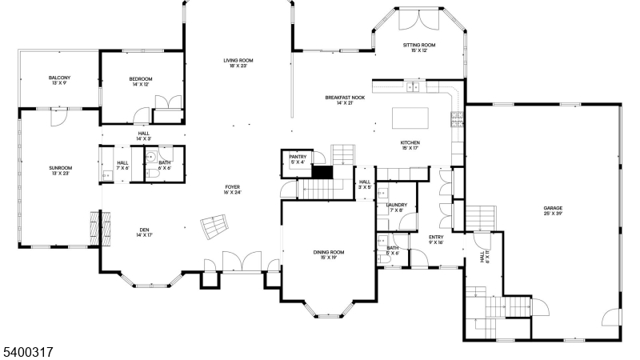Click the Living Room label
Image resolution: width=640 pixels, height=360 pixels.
(238, 61)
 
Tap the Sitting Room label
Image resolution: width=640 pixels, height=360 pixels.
(418, 46)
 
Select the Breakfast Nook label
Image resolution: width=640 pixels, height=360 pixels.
(345, 98)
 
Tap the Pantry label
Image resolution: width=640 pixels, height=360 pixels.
(298, 157)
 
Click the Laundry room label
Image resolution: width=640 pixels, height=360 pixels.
(396, 205)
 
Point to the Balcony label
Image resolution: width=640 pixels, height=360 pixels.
(59, 78)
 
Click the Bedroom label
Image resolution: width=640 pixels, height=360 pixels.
(140, 79)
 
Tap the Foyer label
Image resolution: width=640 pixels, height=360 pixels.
(234, 187)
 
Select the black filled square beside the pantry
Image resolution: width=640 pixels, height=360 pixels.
(322, 171)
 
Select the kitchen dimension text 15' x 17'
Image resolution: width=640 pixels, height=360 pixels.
(410, 148)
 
